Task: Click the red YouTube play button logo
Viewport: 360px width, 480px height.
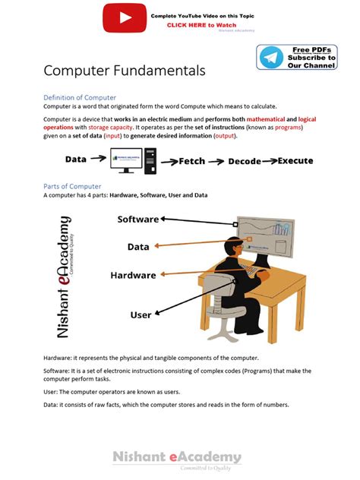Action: (x=125, y=17)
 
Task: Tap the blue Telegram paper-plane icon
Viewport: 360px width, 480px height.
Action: (x=270, y=57)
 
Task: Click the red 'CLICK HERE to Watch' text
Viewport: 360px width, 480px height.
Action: (x=196, y=25)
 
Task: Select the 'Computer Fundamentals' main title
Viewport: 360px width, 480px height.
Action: (x=124, y=71)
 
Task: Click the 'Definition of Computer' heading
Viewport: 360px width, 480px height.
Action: (x=80, y=98)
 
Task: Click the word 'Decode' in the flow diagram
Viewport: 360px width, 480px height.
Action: (x=244, y=162)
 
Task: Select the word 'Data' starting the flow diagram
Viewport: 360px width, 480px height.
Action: (x=76, y=159)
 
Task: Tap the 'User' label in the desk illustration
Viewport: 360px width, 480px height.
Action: (x=141, y=314)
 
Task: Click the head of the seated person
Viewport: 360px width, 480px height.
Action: (x=234, y=248)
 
